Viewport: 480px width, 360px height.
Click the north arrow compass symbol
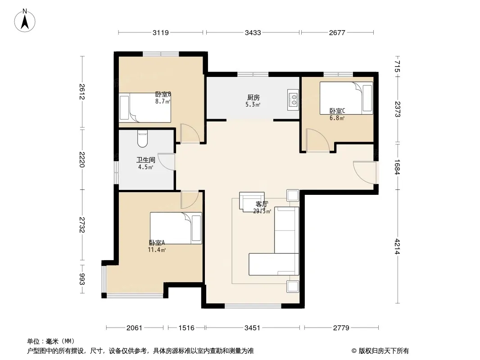tap(25, 20)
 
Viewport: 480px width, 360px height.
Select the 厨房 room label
tap(253, 98)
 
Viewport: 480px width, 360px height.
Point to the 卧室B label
tap(163, 94)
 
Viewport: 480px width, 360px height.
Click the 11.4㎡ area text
tap(157, 250)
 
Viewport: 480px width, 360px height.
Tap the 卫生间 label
tap(146, 160)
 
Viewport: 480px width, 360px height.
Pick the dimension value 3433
tap(253, 32)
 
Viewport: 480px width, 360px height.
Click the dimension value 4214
tap(397, 247)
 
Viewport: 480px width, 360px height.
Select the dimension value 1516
tap(186, 328)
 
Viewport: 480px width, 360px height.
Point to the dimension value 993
tap(82, 279)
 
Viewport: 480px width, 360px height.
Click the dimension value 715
tap(397, 66)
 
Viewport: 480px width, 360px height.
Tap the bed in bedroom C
tap(346, 98)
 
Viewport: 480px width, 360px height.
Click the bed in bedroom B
tap(145, 108)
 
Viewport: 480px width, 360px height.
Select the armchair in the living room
tap(252, 202)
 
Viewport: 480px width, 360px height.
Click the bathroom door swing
tap(167, 162)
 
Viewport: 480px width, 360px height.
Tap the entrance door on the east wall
tap(365, 172)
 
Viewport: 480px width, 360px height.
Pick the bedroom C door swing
tap(317, 140)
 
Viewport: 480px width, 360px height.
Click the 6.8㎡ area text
tap(337, 118)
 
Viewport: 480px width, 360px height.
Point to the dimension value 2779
tap(341, 328)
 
